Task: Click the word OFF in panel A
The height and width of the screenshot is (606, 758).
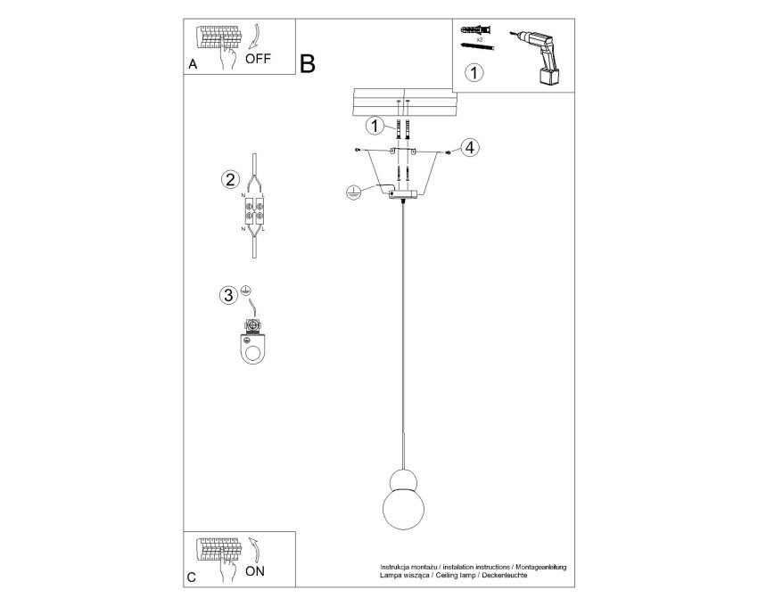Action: click(x=258, y=59)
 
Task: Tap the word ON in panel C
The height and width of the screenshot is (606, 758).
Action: click(x=255, y=571)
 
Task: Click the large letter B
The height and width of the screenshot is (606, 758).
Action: click(x=308, y=64)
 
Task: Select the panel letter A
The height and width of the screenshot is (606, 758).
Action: click(x=193, y=64)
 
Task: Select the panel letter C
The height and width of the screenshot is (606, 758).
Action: click(x=192, y=577)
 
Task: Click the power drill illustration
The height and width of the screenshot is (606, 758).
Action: click(x=538, y=57)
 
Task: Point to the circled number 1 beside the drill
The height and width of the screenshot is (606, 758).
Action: click(x=474, y=72)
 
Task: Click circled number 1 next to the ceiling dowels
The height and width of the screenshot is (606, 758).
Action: click(x=375, y=127)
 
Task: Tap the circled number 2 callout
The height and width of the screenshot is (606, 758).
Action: click(x=230, y=180)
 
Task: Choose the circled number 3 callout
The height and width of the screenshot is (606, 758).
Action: click(x=228, y=295)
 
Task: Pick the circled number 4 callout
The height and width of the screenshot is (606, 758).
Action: click(x=470, y=147)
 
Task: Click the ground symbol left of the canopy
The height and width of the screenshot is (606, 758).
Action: click(x=353, y=192)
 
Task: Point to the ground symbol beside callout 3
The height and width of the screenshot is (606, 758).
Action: click(x=245, y=290)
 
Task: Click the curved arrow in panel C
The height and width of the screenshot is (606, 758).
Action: click(x=256, y=550)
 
